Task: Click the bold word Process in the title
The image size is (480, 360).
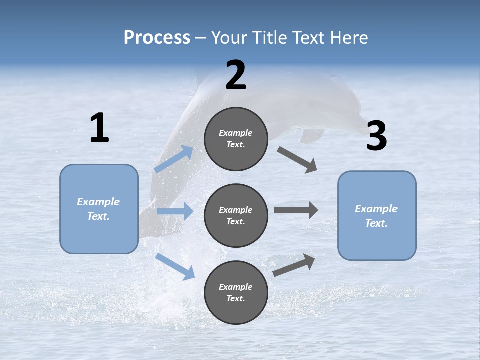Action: coord(157,38)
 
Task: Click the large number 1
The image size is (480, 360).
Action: coord(99,128)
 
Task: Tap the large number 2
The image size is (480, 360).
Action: coord(236,76)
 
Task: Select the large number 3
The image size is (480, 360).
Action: coord(376,136)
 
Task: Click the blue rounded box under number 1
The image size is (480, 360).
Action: coord(99,209)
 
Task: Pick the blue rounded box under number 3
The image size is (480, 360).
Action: coord(377,215)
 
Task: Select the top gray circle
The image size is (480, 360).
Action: coord(236,139)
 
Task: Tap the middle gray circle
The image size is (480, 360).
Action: coord(236,215)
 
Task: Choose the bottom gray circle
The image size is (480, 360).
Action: coord(236,292)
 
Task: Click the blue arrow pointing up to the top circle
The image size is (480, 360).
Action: coord(174,159)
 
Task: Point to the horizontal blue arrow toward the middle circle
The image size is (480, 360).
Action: coord(175,211)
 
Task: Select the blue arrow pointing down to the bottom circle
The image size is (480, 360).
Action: coord(175,266)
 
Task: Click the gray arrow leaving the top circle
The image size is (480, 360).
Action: coord(297,159)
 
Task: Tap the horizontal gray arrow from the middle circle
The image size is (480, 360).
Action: coord(296,210)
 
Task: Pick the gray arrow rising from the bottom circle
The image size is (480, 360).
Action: coord(294,265)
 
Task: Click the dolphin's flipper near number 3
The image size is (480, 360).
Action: coord(312,135)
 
